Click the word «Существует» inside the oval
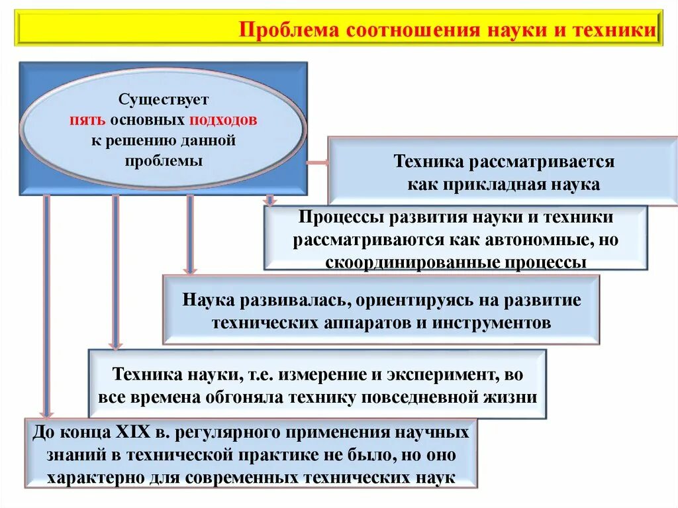(163, 100)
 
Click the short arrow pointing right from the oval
(316, 162)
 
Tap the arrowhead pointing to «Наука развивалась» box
(190, 268)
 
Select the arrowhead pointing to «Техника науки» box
(116, 343)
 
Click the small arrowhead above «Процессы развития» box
(269, 199)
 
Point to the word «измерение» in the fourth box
(313, 375)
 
